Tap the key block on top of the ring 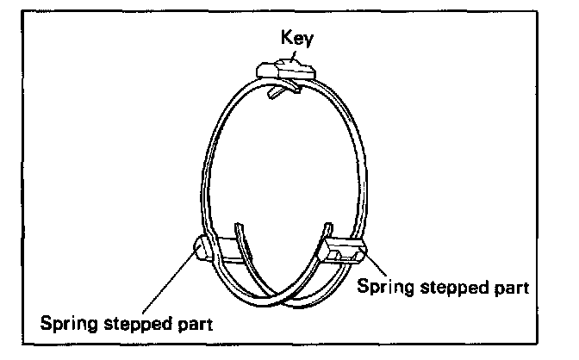coord(285,70)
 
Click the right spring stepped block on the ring coord(344,251)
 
